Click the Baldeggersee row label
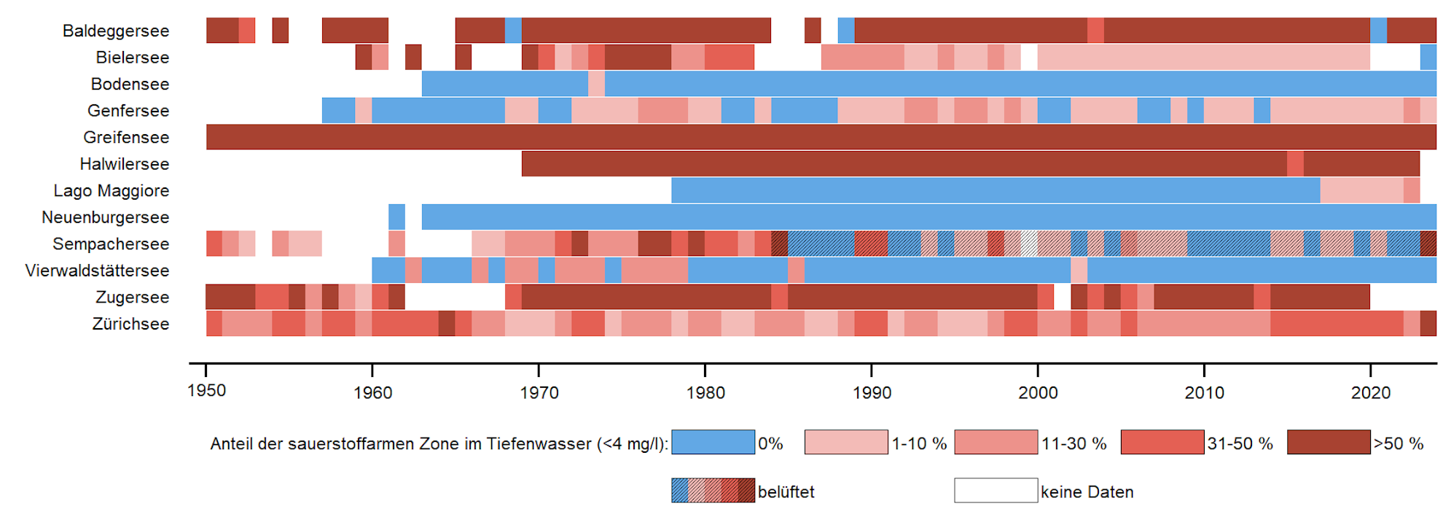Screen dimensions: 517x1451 click(x=115, y=31)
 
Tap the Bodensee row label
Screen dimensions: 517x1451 click(x=130, y=84)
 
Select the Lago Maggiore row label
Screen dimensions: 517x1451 click(x=111, y=190)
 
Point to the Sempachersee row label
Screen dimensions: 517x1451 click(x=110, y=244)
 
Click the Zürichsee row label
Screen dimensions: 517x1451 click(x=130, y=324)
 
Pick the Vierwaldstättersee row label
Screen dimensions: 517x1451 click(x=97, y=271)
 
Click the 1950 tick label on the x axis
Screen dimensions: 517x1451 click(x=206, y=391)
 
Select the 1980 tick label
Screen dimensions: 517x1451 click(x=705, y=393)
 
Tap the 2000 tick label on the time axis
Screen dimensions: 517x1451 click(x=1038, y=393)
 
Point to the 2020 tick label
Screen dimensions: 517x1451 click(x=1370, y=393)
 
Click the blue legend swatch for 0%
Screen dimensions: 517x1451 click(x=713, y=442)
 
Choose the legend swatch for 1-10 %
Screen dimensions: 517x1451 click(x=846, y=442)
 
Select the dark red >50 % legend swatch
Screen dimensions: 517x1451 click(x=1329, y=442)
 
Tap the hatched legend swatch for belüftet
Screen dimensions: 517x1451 click(x=713, y=491)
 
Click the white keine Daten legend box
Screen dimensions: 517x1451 click(x=996, y=491)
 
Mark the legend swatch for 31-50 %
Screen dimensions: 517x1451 click(x=1162, y=442)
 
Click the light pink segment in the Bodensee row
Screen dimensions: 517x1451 click(x=596, y=84)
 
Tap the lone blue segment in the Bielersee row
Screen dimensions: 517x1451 click(x=1428, y=58)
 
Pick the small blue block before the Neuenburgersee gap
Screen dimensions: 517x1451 click(x=396, y=217)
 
